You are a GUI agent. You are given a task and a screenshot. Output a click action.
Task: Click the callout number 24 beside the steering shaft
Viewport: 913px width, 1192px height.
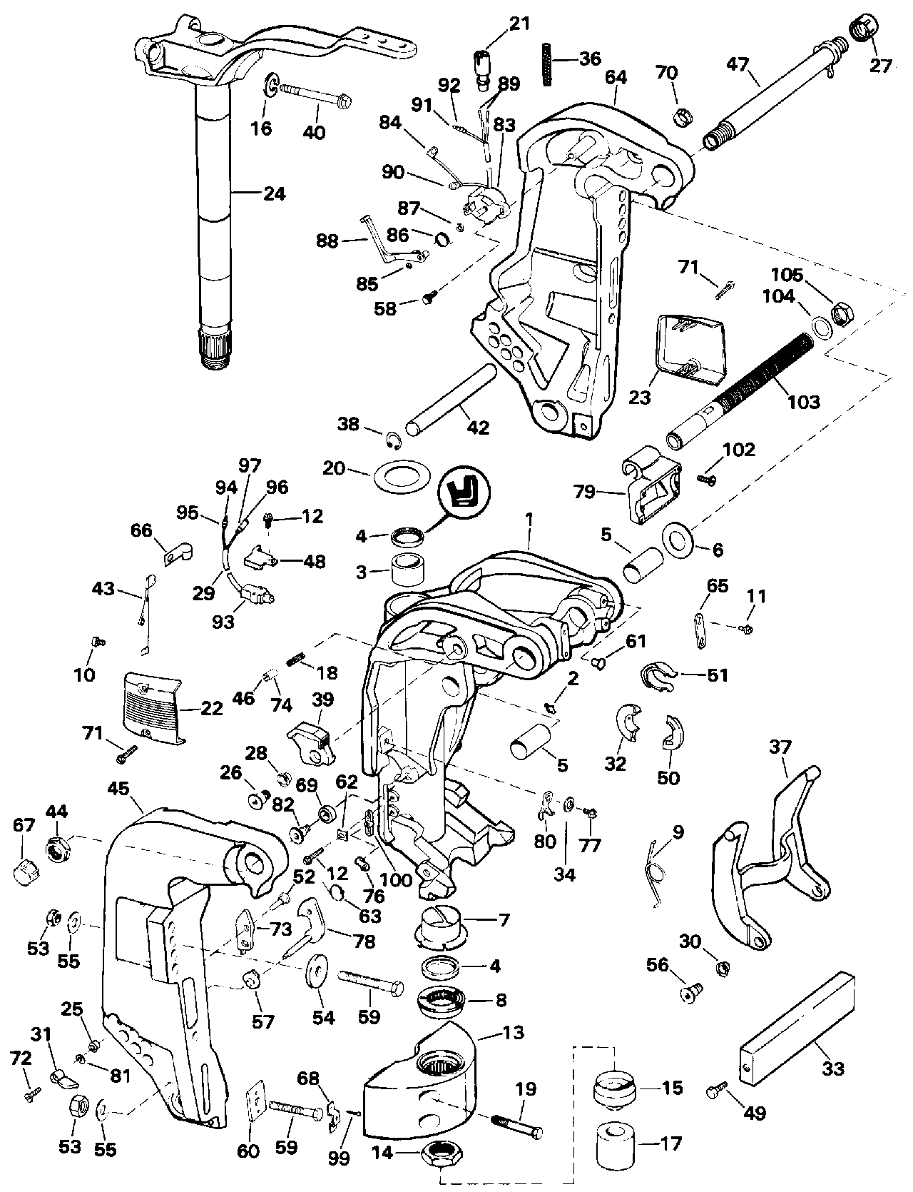[274, 193]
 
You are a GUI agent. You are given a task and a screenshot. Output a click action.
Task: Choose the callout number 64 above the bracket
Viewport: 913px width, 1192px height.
[615, 77]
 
